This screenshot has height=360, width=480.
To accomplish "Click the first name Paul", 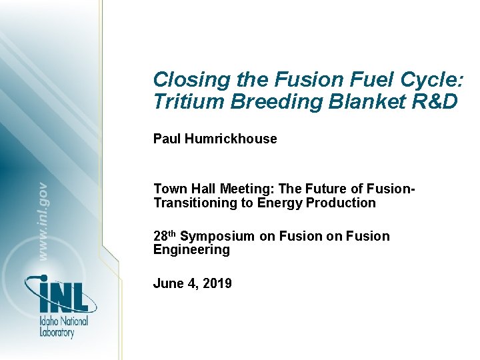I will tap(167, 139).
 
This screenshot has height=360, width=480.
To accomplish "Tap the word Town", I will tap(169, 189).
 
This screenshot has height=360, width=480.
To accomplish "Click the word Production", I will tap(342, 203).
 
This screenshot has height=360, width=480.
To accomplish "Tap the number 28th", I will tap(165, 235).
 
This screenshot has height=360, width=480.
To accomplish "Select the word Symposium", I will tap(217, 236).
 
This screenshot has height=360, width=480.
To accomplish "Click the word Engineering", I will tap(191, 250).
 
